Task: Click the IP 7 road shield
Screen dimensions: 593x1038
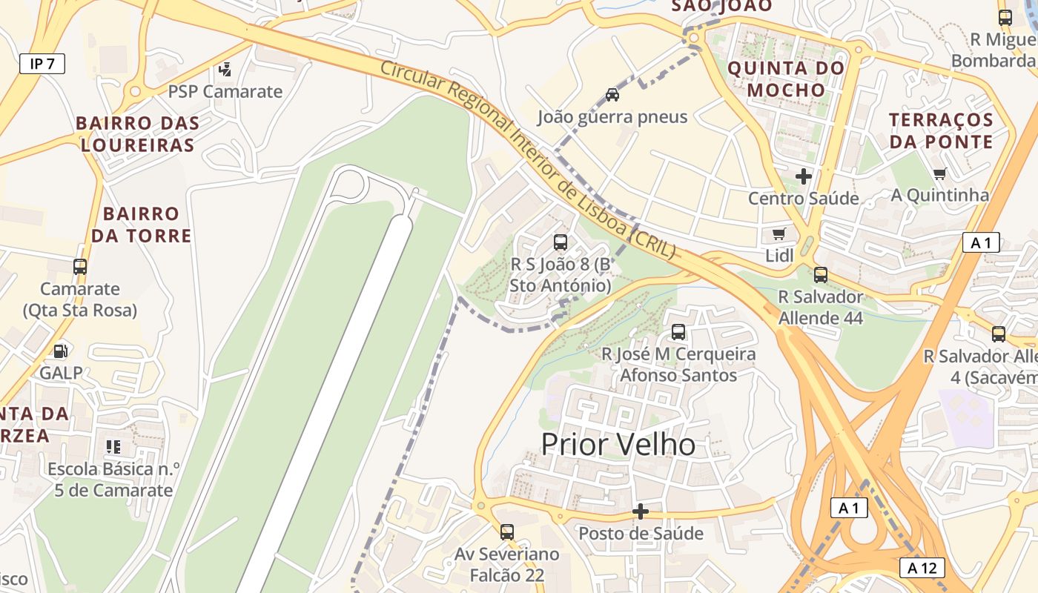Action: [42, 64]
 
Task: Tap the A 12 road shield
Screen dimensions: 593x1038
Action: [922, 568]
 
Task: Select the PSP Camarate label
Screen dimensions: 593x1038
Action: [225, 92]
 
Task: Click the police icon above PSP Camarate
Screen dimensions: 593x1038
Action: [225, 70]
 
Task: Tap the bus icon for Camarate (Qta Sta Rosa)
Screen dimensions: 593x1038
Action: [80, 267]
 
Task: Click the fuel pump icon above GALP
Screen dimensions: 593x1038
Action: [61, 351]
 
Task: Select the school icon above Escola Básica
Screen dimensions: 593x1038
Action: [113, 446]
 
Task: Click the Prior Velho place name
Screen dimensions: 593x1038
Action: [618, 445]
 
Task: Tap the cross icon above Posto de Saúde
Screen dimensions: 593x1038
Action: [641, 511]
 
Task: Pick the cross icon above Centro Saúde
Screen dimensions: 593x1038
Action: [804, 176]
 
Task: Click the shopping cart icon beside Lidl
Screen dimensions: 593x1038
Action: [778, 234]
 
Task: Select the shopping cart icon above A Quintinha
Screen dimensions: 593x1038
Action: [940, 173]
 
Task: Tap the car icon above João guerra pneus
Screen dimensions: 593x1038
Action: [612, 94]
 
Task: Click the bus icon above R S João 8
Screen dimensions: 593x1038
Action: [561, 242]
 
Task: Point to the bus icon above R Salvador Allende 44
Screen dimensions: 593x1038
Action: [820, 274]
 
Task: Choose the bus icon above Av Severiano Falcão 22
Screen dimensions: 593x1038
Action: [507, 531]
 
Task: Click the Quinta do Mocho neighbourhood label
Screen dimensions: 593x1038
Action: [786, 79]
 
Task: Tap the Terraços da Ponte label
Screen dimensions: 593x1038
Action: [941, 130]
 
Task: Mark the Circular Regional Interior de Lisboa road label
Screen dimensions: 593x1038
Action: [528, 159]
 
